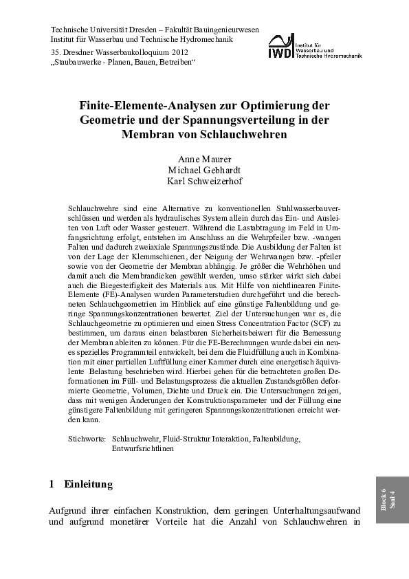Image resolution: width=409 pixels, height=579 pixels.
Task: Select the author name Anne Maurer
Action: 204,159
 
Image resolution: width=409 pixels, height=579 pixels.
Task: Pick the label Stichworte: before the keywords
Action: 87,438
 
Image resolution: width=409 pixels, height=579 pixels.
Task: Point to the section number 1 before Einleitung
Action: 52,484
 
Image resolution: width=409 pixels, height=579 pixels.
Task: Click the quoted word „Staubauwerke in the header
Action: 78,62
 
